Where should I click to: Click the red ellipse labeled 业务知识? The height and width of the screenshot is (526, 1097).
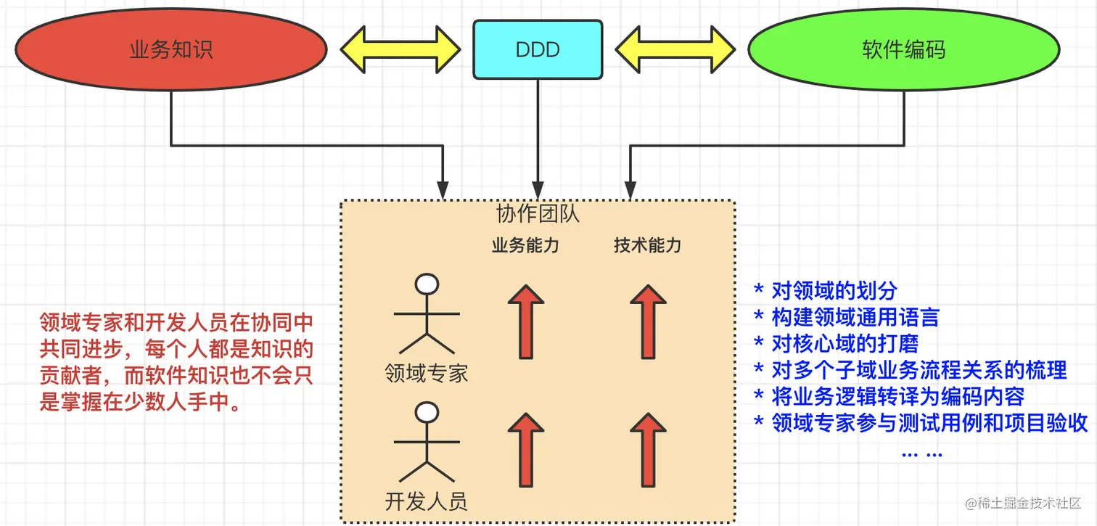(171, 49)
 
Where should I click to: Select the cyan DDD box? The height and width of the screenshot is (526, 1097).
(538, 49)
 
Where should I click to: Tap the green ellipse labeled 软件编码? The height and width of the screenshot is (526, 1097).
(903, 49)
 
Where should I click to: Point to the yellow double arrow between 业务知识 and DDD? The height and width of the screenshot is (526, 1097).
(400, 49)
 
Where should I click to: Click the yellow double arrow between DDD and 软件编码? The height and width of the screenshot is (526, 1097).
(674, 49)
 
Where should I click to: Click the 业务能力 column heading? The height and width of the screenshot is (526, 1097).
(525, 245)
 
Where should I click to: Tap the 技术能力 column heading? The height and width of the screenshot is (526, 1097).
(647, 245)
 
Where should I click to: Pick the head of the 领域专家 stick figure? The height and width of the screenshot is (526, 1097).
(427, 284)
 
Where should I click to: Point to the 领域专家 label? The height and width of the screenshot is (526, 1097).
(427, 373)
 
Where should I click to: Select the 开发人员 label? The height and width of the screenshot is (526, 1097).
(427, 501)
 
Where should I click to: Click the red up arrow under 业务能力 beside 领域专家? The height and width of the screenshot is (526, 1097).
(525, 321)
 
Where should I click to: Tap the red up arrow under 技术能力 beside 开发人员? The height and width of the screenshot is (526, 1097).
(647, 450)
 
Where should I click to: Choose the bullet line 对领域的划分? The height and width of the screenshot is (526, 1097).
(826, 291)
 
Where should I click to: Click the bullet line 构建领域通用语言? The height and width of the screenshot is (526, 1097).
(847, 317)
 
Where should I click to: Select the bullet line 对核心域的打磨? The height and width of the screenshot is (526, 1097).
(836, 343)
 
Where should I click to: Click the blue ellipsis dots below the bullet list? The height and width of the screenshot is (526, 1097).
(921, 453)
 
